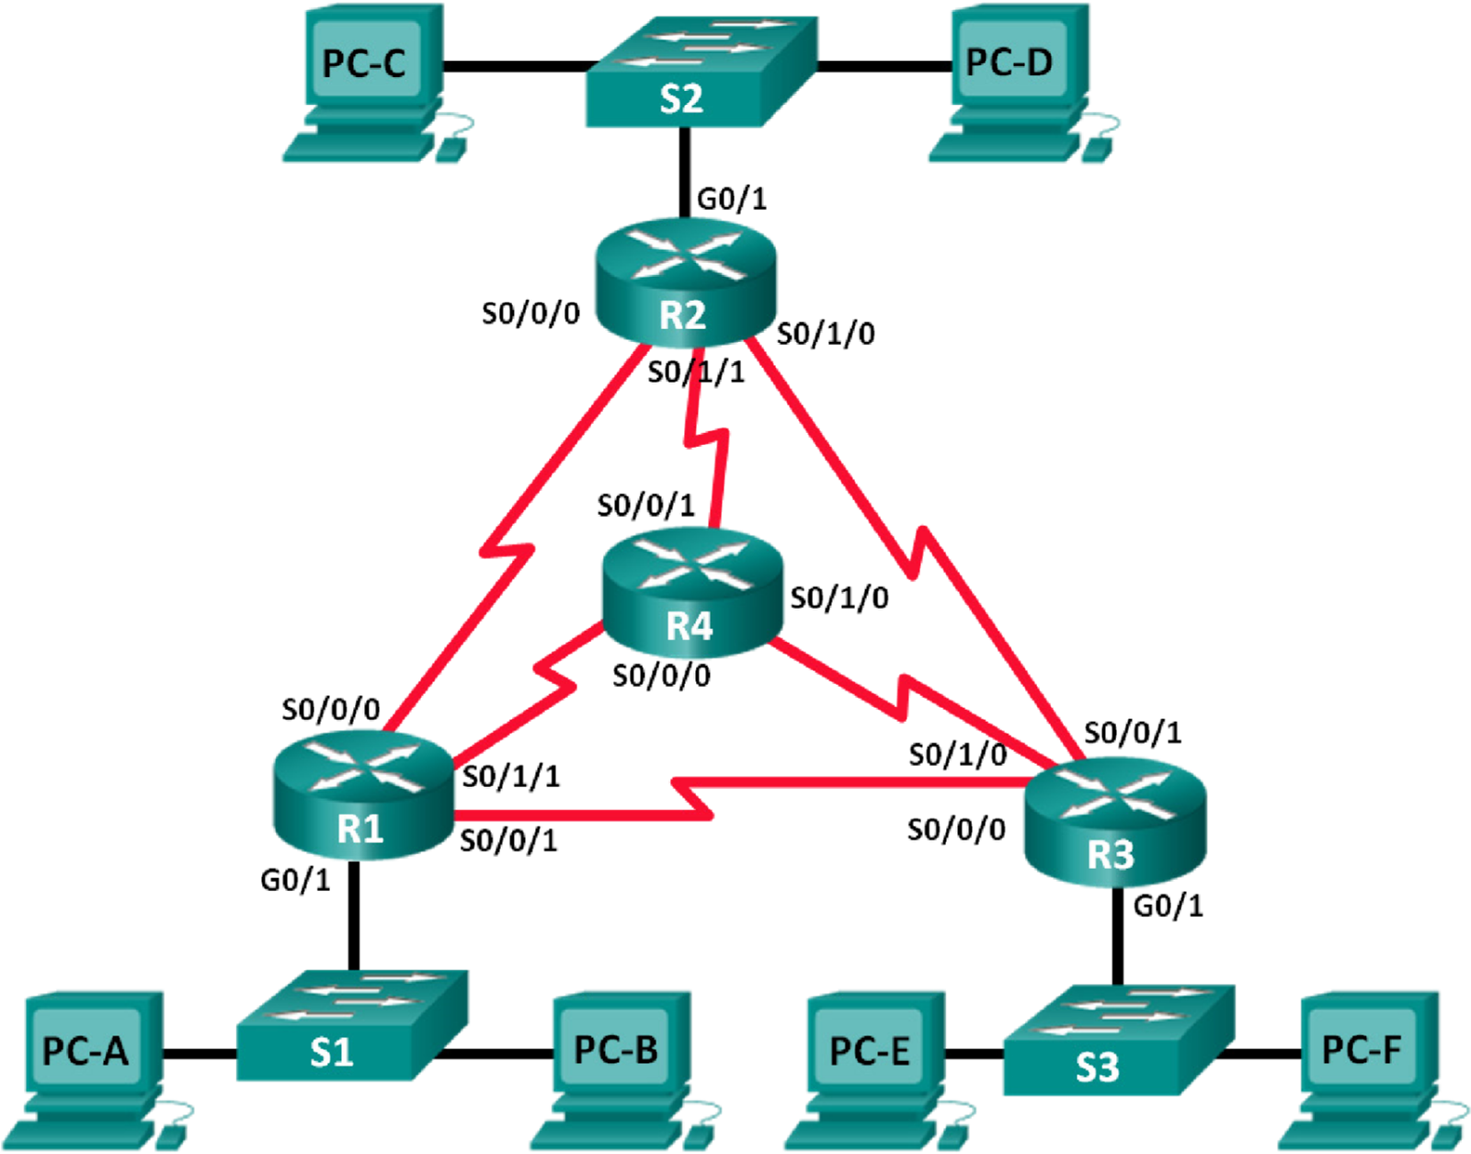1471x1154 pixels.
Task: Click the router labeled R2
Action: tap(685, 280)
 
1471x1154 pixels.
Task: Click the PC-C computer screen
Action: tap(364, 63)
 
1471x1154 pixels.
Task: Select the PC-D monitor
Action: tap(1009, 62)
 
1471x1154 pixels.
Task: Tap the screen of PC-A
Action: tap(86, 1049)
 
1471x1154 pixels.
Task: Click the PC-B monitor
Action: tap(616, 1048)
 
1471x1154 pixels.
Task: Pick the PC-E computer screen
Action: tap(870, 1049)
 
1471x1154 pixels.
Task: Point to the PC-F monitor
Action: tap(1362, 1048)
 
